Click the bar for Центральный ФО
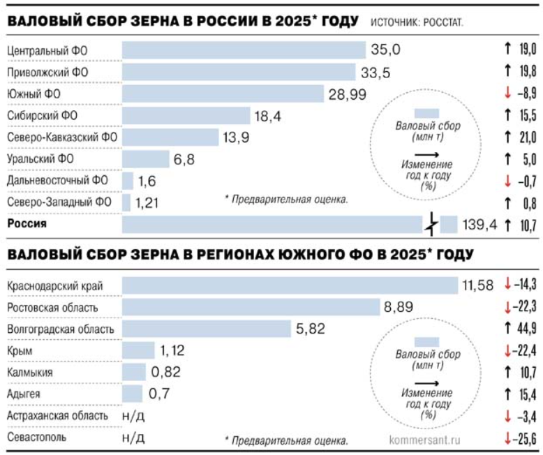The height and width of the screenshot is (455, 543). click(244, 50)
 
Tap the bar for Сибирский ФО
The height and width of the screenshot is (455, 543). click(186, 116)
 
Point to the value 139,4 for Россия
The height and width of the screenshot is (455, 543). click(478, 225)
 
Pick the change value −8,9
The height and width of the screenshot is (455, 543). click(524, 94)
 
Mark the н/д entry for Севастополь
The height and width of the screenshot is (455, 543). click(133, 438)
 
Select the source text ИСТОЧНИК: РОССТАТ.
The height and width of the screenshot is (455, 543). click(417, 24)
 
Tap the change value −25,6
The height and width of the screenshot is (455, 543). click(524, 438)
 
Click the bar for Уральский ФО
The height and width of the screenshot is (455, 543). click(145, 159)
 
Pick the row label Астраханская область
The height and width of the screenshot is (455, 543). click(57, 416)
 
